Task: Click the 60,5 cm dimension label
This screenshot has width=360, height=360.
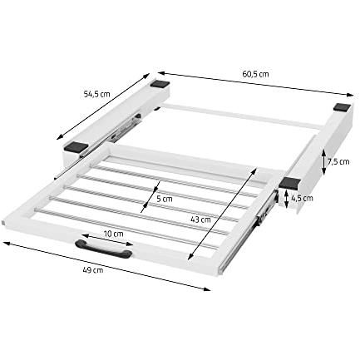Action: (x=255, y=74)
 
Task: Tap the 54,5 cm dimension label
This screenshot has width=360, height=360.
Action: (x=96, y=94)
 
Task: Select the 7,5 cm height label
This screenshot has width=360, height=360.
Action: (x=338, y=161)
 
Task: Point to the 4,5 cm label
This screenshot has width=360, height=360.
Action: (x=302, y=198)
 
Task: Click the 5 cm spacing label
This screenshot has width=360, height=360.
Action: (x=165, y=199)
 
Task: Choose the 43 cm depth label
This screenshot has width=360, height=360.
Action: (x=200, y=219)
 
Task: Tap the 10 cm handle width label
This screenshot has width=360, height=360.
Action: (x=114, y=234)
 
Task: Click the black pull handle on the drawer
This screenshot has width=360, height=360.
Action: (x=103, y=249)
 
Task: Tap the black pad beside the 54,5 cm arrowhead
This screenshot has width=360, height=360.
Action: (x=160, y=84)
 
